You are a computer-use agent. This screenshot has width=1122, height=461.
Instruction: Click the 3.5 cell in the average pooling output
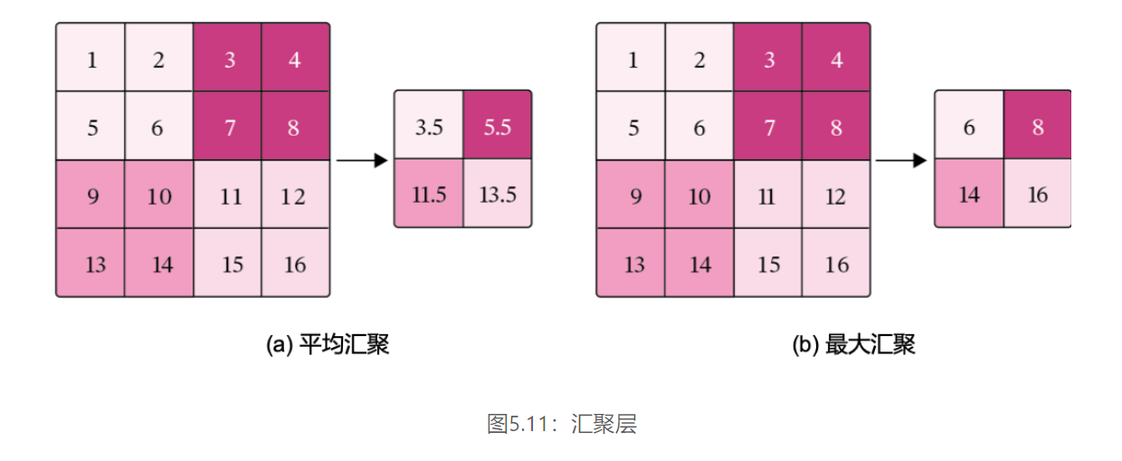[x=428, y=126]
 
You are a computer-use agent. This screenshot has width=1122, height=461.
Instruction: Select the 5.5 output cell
[x=497, y=126]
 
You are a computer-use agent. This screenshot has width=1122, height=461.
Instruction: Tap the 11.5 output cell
[x=428, y=194]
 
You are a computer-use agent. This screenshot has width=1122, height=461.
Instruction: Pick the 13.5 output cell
[x=497, y=194]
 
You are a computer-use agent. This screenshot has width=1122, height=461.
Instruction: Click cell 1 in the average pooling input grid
[x=90, y=60]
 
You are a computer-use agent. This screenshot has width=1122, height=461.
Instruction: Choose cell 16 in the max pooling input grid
[x=836, y=264]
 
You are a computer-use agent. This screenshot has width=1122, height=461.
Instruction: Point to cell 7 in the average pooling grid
[x=228, y=127]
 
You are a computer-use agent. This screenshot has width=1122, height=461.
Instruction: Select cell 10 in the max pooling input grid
[x=699, y=196]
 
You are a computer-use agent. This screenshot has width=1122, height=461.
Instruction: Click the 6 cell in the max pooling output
[x=968, y=126]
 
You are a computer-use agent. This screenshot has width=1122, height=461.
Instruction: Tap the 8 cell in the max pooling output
[x=1037, y=126]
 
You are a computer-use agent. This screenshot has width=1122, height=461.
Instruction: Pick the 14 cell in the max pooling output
[x=968, y=194]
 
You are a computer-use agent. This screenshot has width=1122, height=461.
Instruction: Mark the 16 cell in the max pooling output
[x=1037, y=194]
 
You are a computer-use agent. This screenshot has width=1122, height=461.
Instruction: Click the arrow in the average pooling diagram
[x=361, y=161]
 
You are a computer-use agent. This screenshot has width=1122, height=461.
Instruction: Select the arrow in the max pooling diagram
[x=901, y=161]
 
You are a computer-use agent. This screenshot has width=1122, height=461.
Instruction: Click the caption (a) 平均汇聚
[x=328, y=345]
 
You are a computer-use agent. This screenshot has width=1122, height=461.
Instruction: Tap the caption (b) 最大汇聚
[x=853, y=345]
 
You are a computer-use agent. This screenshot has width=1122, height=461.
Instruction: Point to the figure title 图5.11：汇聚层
[x=561, y=424]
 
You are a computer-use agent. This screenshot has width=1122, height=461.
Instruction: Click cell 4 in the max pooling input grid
[x=836, y=60]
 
